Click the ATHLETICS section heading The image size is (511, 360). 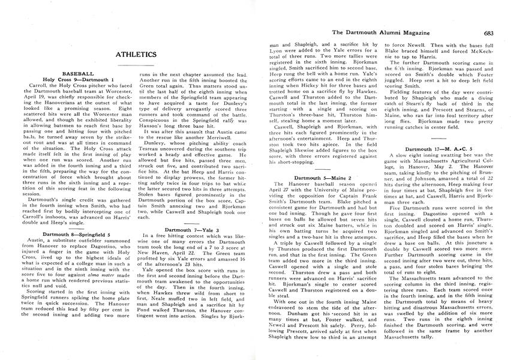[136, 55]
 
